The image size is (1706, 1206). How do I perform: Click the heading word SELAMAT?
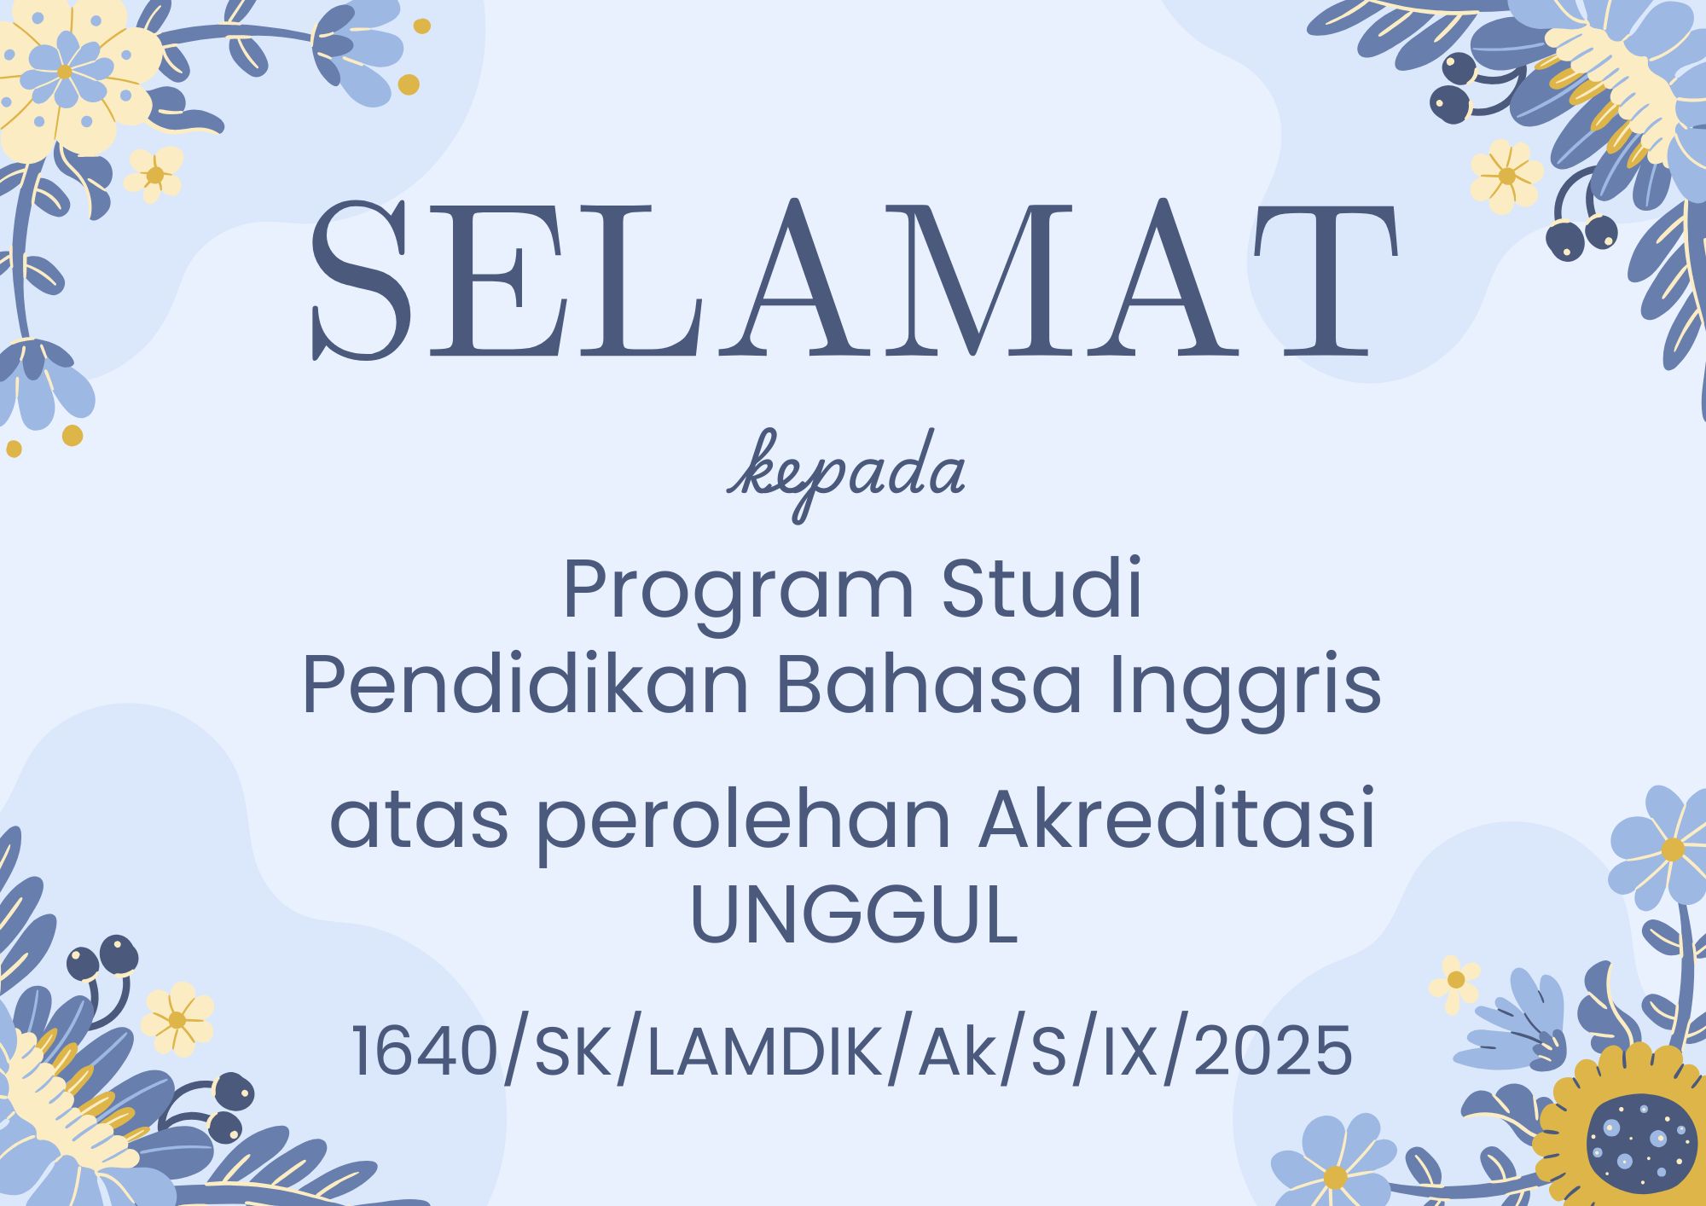tap(853, 279)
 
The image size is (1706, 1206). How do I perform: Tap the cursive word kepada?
tap(846, 474)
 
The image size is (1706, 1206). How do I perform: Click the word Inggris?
tap(1245, 689)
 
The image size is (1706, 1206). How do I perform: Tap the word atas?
tap(419, 821)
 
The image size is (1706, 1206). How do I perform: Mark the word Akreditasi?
tap(1177, 819)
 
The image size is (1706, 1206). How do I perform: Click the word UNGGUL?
tap(854, 915)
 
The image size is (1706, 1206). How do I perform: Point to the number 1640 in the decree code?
tap(425, 1051)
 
